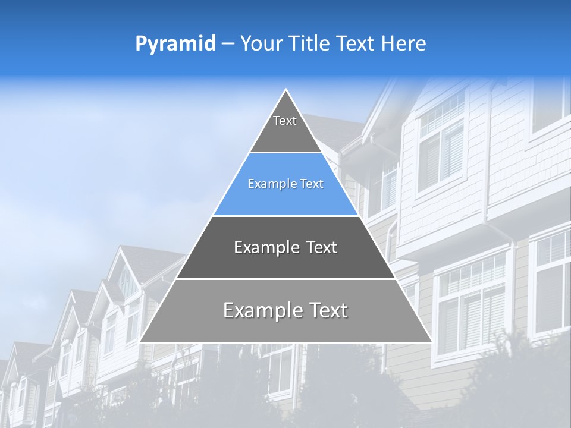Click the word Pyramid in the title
click(175, 44)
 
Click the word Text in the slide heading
click(354, 44)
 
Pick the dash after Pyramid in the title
click(227, 44)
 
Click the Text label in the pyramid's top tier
click(285, 121)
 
